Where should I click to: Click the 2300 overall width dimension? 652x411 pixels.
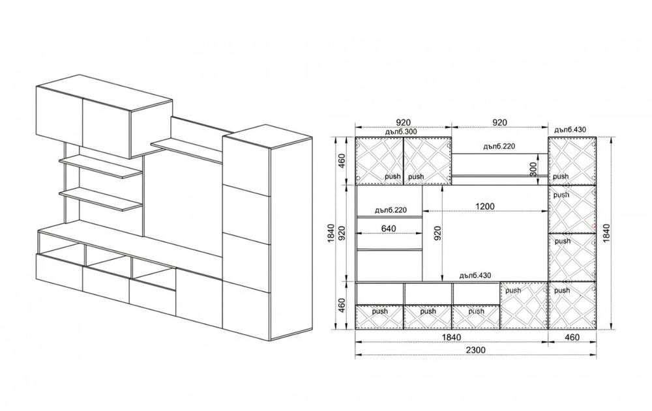(475, 350)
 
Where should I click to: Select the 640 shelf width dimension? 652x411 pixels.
(389, 228)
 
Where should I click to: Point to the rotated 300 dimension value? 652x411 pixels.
(533, 169)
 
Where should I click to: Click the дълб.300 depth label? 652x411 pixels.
(401, 132)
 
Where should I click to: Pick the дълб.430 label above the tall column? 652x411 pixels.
(570, 130)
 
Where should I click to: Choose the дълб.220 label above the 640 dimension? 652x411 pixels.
(391, 210)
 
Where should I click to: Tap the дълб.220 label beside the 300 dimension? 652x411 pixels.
(499, 147)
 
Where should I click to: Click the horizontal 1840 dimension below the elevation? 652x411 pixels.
(451, 337)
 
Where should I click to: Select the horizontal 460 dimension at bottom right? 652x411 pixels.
(572, 337)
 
